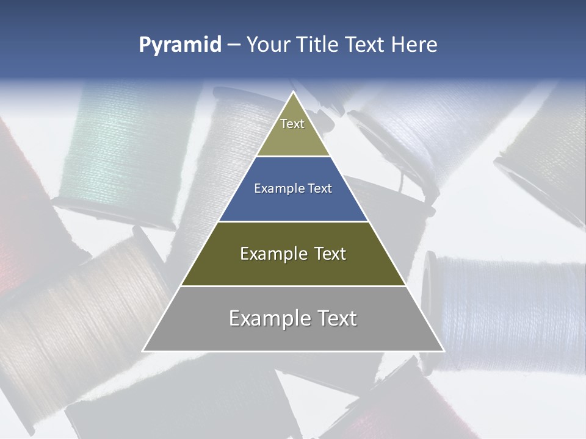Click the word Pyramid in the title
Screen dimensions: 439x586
tap(179, 45)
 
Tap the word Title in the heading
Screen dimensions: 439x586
tap(318, 45)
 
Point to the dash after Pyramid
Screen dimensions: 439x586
tap(234, 45)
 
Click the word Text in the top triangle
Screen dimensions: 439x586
tap(292, 124)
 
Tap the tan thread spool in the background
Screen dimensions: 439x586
tap(79, 323)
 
